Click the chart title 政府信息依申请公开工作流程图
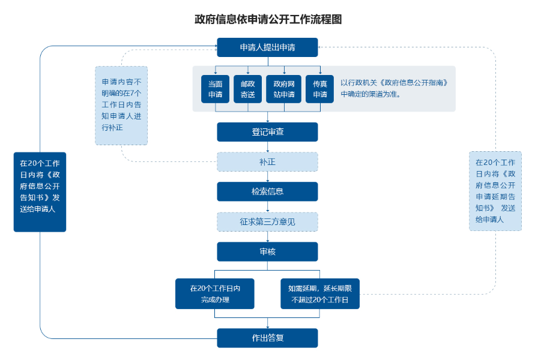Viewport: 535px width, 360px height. pyautogui.click(x=268, y=19)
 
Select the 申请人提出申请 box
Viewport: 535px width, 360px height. pyautogui.click(x=267, y=47)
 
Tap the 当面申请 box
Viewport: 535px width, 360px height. pyautogui.click(x=216, y=89)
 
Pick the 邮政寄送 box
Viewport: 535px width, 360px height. pyautogui.click(x=248, y=89)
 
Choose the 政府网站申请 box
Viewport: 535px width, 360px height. pyautogui.click(x=284, y=89)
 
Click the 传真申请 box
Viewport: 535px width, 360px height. pyautogui.click(x=320, y=89)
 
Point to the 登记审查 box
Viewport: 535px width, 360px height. pyautogui.click(x=267, y=132)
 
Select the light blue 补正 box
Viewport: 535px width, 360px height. pyautogui.click(x=267, y=162)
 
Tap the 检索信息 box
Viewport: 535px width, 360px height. pyautogui.click(x=267, y=191)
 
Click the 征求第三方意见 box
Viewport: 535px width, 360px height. pyautogui.click(x=267, y=221)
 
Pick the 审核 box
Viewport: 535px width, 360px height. pyautogui.click(x=267, y=251)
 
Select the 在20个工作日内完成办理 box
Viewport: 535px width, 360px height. pyautogui.click(x=215, y=293)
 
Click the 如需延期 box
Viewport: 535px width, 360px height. pyautogui.click(x=319, y=293)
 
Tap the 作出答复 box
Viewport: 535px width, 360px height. pyautogui.click(x=267, y=338)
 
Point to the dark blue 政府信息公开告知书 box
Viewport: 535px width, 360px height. pyautogui.click(x=40, y=191)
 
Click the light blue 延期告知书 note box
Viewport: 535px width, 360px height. pyautogui.click(x=495, y=191)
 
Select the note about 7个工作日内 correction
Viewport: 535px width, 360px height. pyautogui.click(x=121, y=105)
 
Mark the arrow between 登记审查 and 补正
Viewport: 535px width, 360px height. pyautogui.click(x=267, y=147)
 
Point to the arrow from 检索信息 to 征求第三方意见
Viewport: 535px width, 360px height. pyautogui.click(x=267, y=207)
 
